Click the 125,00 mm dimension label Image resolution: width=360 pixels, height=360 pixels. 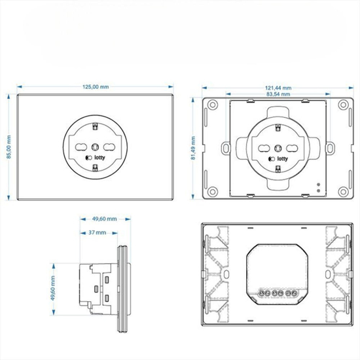pos(96,87)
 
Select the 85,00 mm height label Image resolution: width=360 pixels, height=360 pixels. pos(9,147)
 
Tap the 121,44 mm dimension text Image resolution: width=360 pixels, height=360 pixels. pos(278,88)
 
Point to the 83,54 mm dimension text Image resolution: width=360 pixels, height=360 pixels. pos(278,94)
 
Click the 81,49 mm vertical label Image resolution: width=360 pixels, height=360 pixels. pos(193,148)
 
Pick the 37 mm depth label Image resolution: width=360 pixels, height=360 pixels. pos(97,232)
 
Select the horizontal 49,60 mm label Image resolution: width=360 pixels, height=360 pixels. pos(105,219)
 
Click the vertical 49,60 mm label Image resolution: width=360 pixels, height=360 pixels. pos(53,289)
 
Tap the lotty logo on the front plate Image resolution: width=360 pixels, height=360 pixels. pos(96,158)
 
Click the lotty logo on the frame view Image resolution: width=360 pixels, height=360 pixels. pos(278,159)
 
